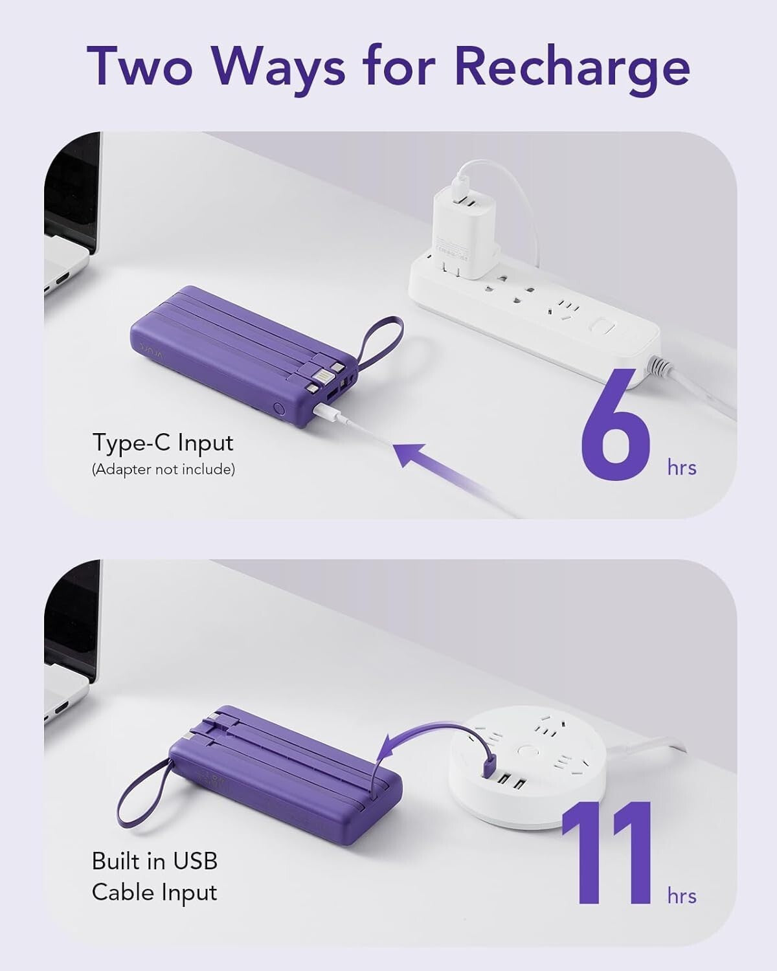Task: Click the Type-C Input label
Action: click(163, 443)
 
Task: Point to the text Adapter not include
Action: click(163, 470)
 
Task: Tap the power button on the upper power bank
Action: click(277, 409)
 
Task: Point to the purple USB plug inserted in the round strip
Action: click(488, 768)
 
